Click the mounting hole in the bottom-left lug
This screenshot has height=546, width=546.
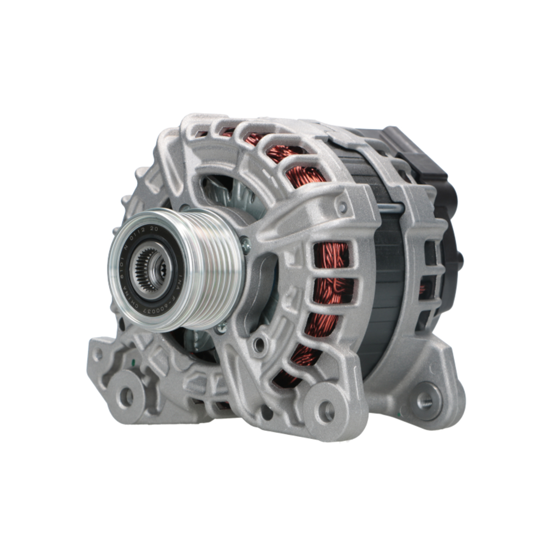[127, 397]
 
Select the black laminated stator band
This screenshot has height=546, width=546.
[382, 284]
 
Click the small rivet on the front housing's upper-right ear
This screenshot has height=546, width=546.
[342, 207]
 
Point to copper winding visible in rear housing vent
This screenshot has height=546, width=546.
[423, 289]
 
